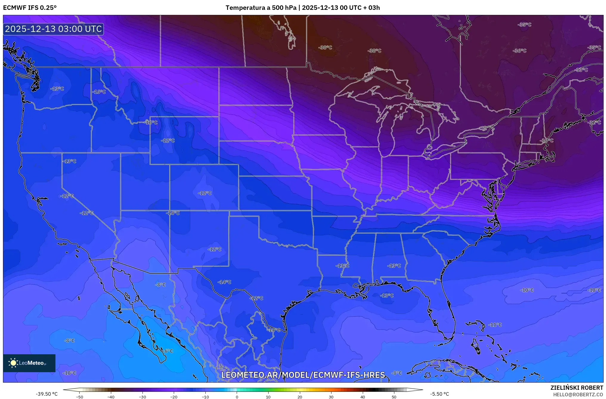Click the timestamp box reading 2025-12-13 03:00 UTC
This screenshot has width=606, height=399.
coord(53,29)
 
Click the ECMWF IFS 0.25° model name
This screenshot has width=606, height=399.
coord(30,7)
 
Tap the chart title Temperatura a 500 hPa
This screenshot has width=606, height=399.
coord(261,7)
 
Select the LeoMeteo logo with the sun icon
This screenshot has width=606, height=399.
coord(29,363)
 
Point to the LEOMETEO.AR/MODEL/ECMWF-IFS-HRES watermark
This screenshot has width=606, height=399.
coord(303,375)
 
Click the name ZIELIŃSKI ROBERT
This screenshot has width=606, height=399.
coord(576,388)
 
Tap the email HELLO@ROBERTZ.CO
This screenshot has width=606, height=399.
coord(578,395)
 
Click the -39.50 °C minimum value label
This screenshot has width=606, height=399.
coord(47,394)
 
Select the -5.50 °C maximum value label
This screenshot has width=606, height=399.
coord(439,394)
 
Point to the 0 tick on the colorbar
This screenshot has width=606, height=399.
coord(237,397)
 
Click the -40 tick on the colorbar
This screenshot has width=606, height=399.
coord(111,397)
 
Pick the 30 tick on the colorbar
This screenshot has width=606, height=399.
coord(331,397)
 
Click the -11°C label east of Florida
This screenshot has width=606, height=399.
coord(495,325)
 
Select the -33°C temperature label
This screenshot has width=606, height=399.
coord(582,70)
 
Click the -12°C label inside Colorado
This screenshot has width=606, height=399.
coord(205,193)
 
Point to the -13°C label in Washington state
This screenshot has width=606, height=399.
coord(57,89)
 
